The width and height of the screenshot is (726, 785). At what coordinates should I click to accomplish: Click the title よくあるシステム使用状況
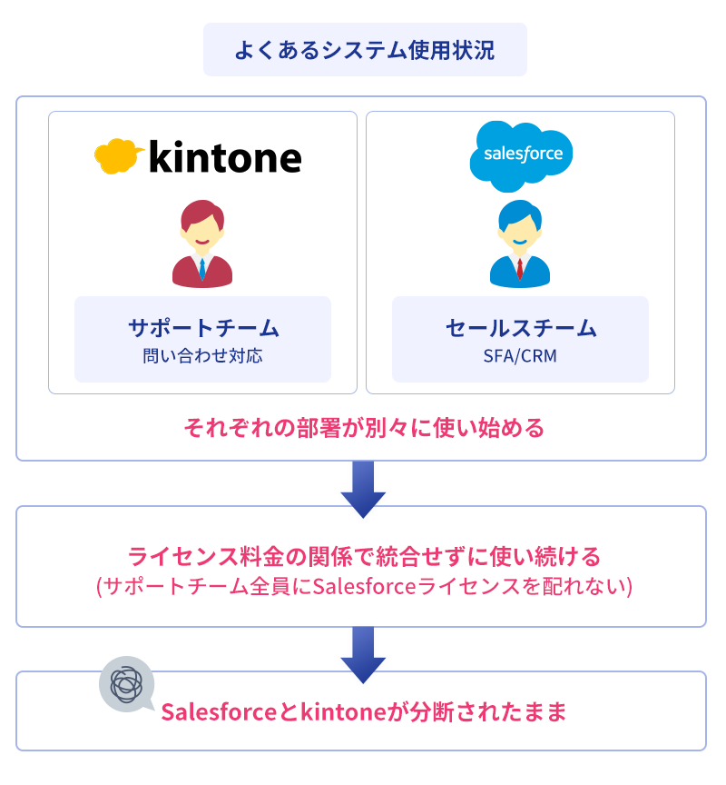(365, 50)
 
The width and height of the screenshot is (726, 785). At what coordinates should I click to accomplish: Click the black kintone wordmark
(225, 157)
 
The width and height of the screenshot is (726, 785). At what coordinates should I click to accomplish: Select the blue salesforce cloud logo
(521, 156)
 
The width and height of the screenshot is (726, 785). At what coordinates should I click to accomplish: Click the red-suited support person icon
(202, 243)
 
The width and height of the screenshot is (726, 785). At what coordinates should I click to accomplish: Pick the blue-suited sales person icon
(520, 243)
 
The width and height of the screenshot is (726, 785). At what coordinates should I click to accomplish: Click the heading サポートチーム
(203, 328)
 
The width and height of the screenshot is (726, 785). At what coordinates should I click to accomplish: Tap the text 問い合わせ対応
(202, 356)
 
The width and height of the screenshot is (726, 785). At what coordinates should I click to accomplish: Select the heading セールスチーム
(521, 328)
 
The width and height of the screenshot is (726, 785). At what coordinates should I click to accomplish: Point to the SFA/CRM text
(520, 356)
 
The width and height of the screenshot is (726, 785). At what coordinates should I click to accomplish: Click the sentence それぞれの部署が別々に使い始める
(364, 428)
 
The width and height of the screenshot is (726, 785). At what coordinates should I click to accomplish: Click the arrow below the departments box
(363, 489)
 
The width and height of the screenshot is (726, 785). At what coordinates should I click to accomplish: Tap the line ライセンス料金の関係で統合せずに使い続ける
(364, 556)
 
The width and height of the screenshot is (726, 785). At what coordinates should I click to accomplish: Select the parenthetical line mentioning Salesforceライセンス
(364, 586)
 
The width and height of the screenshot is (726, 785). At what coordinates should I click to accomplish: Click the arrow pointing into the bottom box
(363, 655)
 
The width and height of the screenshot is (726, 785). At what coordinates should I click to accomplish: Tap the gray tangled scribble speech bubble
(127, 684)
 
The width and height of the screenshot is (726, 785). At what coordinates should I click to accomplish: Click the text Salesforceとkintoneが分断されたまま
(364, 711)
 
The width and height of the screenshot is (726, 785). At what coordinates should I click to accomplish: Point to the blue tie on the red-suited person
(202, 269)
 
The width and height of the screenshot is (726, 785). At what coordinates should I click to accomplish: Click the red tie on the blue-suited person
(520, 269)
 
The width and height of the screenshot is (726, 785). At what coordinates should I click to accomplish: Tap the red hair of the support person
(202, 213)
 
